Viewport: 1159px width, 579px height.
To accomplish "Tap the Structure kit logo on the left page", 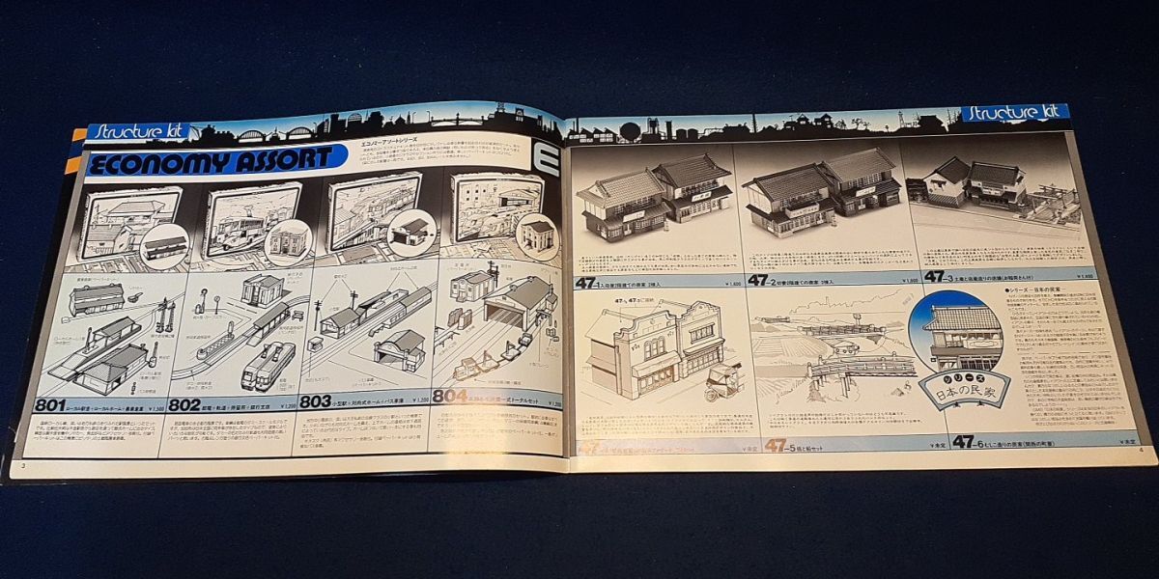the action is pos(127,131).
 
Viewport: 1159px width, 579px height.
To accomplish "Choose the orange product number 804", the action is pos(450,396).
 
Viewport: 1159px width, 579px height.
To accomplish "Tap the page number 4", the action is pos(1141,450).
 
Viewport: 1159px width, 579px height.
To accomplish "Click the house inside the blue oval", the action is pos(961,334).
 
